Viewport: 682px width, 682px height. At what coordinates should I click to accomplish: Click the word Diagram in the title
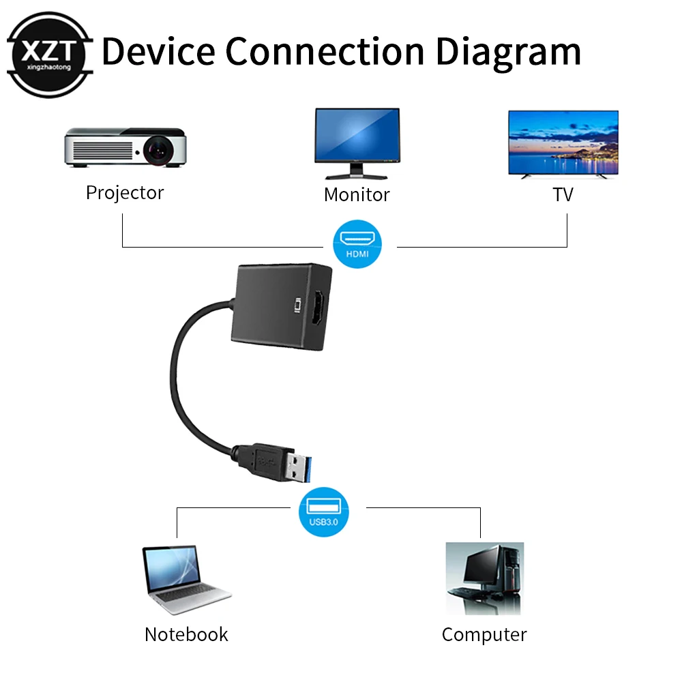tap(508, 51)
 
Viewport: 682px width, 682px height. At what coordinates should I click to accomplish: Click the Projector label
tap(125, 193)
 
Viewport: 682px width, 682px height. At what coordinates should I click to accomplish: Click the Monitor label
tap(357, 195)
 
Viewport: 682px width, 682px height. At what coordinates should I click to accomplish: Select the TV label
tap(563, 195)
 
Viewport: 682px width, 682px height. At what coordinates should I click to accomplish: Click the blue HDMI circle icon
tap(357, 243)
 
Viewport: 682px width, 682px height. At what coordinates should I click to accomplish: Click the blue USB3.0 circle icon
tap(323, 512)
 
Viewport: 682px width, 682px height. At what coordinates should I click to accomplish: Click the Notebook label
tap(186, 635)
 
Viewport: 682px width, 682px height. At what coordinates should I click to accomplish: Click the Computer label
tap(484, 635)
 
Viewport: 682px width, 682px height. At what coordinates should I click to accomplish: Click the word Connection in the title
tap(326, 51)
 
